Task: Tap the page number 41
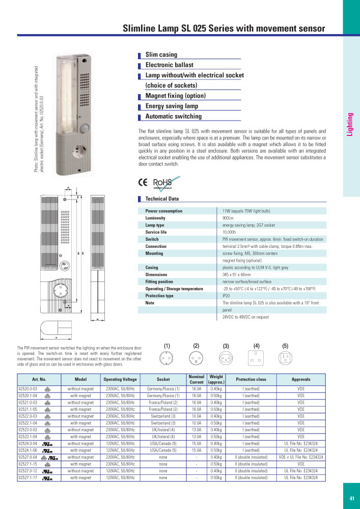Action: [x=352, y=498]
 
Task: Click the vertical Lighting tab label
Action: [x=350, y=125]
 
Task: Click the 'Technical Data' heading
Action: [x=162, y=199]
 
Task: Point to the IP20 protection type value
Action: [x=227, y=296]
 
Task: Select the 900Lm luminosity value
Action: [x=228, y=218]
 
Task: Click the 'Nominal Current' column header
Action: [x=197, y=379]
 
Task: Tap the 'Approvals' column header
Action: [x=301, y=379]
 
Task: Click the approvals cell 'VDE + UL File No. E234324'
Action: [x=301, y=457]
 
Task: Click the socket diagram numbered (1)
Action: [x=167, y=357]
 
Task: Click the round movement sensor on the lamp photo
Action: [x=85, y=127]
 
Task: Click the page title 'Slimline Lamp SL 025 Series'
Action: [x=224, y=29]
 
